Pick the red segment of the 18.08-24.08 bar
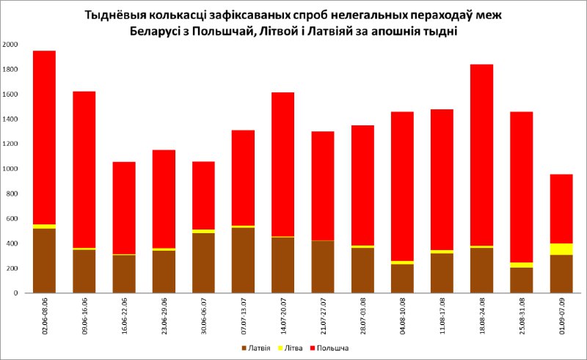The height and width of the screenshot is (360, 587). point(481,155)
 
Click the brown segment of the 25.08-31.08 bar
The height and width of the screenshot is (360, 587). point(521,279)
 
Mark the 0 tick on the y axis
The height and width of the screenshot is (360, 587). point(15,293)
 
